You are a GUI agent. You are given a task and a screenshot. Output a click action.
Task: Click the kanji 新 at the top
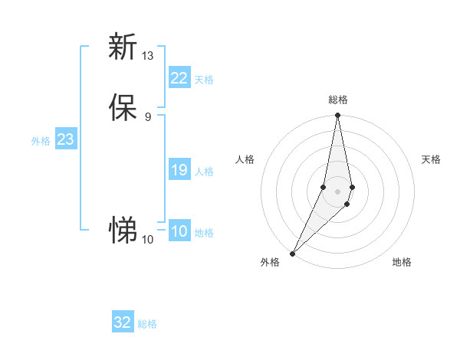pos(123,47)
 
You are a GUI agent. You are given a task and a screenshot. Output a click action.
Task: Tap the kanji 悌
pos(123,229)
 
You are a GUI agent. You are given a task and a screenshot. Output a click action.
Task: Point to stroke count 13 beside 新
pos(147,55)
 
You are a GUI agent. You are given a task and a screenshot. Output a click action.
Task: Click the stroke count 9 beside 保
pos(147,116)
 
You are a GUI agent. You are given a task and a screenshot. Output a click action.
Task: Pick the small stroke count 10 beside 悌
pos(147,240)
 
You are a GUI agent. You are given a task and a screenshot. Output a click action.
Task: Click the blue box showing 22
pos(179,78)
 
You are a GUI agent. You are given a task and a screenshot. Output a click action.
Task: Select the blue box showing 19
pos(179,170)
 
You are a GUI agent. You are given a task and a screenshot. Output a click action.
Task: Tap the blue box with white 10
pos(179,231)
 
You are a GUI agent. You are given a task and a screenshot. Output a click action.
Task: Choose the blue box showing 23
pos(65,139)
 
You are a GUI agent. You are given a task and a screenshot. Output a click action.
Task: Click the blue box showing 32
pos(123,322)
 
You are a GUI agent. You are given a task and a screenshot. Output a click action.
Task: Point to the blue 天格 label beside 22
pos(204,80)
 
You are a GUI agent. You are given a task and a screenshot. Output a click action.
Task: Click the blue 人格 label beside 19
pos(204,172)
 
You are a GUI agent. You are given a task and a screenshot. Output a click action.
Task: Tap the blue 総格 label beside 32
pos(147,324)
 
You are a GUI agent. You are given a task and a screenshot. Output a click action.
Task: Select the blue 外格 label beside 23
pos(41,141)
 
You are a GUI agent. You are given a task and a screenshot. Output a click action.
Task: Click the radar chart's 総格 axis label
pos(337,100)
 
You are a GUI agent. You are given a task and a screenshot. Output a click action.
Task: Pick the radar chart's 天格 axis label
pos(431,159)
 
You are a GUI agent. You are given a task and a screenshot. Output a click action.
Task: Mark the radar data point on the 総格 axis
pos(337,116)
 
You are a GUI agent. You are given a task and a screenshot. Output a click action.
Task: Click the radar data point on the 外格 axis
pos(292,253)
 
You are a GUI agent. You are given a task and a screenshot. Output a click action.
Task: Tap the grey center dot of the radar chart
pos(337,191)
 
